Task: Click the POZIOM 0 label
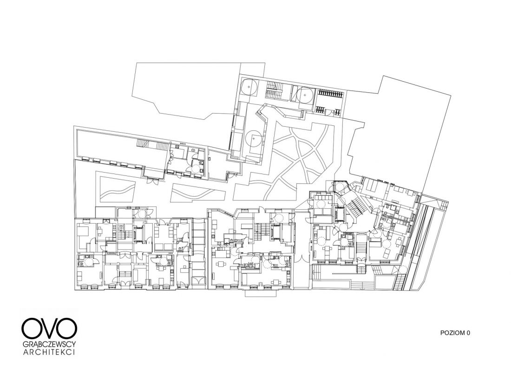[455, 333]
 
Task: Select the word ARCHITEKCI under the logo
[49, 353]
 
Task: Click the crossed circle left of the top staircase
[249, 87]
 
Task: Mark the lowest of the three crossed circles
[254, 139]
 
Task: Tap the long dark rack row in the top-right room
[330, 94]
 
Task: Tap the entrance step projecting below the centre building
[262, 293]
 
